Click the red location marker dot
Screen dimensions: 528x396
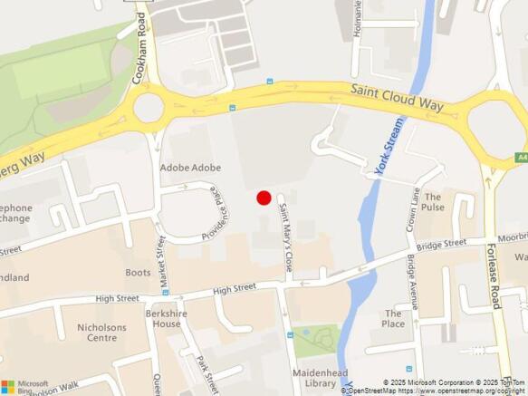click(x=264, y=198)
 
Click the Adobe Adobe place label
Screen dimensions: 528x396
click(x=191, y=168)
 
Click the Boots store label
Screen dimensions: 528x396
click(x=139, y=272)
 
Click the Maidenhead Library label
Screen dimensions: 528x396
click(x=315, y=378)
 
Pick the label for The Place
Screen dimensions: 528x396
click(x=393, y=319)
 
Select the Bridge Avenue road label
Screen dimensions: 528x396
click(x=413, y=282)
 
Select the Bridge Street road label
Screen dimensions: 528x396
click(x=442, y=245)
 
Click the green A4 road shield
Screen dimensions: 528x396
click(x=522, y=157)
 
